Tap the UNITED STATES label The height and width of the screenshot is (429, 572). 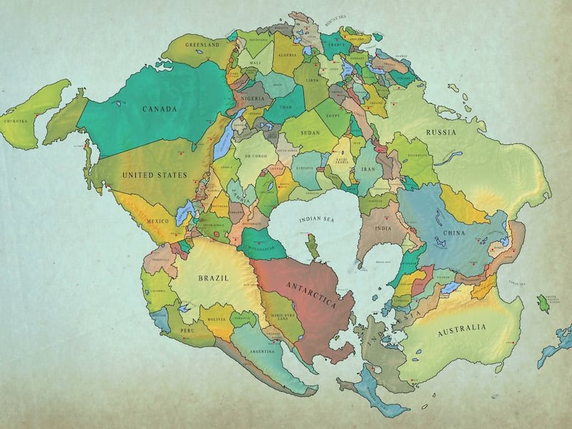pos(154,174)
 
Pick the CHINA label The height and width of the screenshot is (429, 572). pos(454,233)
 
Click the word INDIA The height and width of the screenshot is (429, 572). pos(383,229)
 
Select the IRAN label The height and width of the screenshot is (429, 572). pos(370,170)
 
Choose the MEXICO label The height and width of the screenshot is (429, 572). pos(157,222)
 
